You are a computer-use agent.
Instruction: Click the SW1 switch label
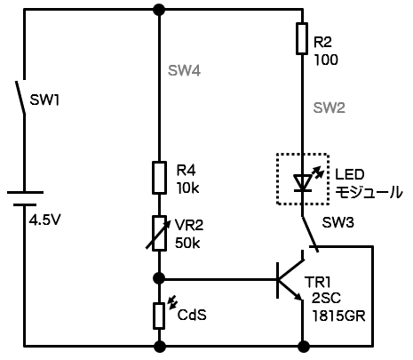click(44, 100)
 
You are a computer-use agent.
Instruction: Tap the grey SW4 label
click(184, 70)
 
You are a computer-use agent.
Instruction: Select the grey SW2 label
click(330, 108)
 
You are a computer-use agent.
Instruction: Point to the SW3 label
click(338, 222)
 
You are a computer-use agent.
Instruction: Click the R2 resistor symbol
click(302, 38)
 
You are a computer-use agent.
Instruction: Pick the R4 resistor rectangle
click(159, 178)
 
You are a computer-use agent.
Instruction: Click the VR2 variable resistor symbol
click(159, 234)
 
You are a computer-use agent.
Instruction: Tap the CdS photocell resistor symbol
click(159, 316)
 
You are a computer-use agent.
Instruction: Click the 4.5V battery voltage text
click(44, 220)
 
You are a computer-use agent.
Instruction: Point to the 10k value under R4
click(187, 188)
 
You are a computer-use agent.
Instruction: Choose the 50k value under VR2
click(187, 243)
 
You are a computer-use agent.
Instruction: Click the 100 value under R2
click(326, 60)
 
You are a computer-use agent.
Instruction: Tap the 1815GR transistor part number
click(338, 316)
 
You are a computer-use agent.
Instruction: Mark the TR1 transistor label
click(317, 282)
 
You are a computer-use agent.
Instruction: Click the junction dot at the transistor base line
click(159, 278)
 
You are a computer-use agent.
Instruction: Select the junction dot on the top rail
click(159, 10)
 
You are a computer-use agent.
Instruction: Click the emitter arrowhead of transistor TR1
click(298, 296)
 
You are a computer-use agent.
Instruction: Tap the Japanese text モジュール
click(369, 193)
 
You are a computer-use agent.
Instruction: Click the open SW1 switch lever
click(20, 97)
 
